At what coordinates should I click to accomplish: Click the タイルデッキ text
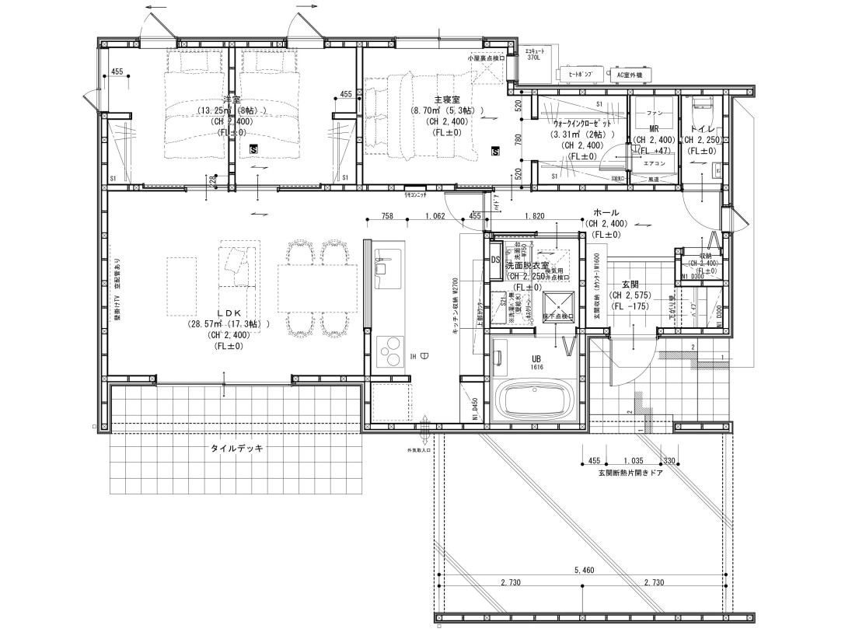[237, 449]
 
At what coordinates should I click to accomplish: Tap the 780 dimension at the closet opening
[519, 139]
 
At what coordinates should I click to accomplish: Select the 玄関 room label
[630, 285]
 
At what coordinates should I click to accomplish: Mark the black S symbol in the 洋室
[254, 148]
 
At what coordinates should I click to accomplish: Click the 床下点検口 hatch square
[557, 304]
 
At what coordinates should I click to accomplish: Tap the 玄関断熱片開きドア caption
[632, 472]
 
